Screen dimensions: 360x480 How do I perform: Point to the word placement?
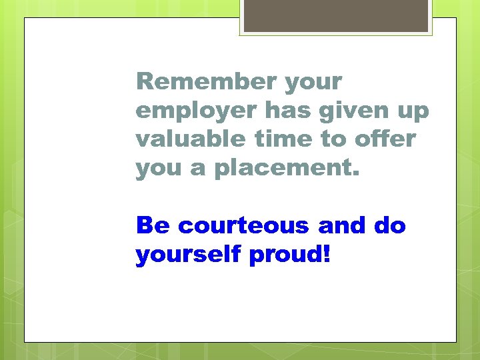[285, 169]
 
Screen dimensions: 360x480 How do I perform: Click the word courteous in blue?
[245, 226]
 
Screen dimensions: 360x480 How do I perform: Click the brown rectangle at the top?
[336, 15]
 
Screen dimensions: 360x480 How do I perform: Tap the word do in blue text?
[389, 226]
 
